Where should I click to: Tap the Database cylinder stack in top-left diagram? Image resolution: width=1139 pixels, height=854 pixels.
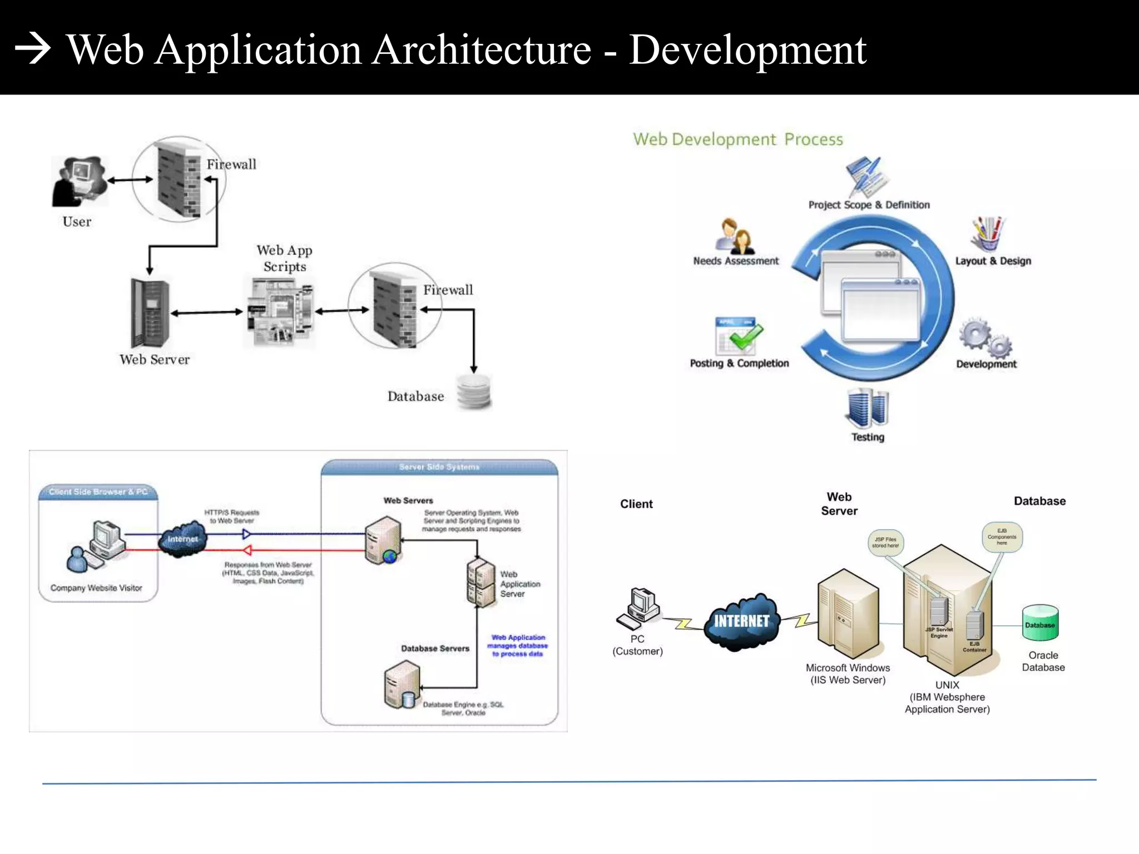[474, 391]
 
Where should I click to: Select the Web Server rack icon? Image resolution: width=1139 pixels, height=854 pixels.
[150, 313]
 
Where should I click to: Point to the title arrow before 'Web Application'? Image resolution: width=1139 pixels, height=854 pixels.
[33, 49]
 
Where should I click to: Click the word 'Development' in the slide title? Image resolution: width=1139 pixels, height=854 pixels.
[747, 50]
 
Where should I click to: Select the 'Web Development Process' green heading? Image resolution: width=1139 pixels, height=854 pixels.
[737, 139]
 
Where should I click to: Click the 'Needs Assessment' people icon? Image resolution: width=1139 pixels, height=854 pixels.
[735, 236]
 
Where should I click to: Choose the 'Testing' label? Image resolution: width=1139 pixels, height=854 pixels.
[868, 437]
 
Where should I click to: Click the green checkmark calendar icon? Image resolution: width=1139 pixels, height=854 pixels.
[738, 336]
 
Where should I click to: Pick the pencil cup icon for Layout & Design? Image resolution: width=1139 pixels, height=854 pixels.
[988, 234]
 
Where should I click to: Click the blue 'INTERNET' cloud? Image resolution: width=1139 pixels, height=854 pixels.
[741, 621]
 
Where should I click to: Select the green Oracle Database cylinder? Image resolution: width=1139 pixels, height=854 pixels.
[1039, 623]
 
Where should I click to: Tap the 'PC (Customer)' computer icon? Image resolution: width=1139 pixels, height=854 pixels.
[639, 608]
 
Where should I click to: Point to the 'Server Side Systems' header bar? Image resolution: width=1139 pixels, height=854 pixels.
[439, 467]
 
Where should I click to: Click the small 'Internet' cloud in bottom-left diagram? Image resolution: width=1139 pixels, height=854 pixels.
[182, 538]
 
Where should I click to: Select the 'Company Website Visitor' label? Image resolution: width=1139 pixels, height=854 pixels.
[96, 588]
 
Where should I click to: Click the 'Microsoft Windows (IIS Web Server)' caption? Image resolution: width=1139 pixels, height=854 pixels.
[848, 674]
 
